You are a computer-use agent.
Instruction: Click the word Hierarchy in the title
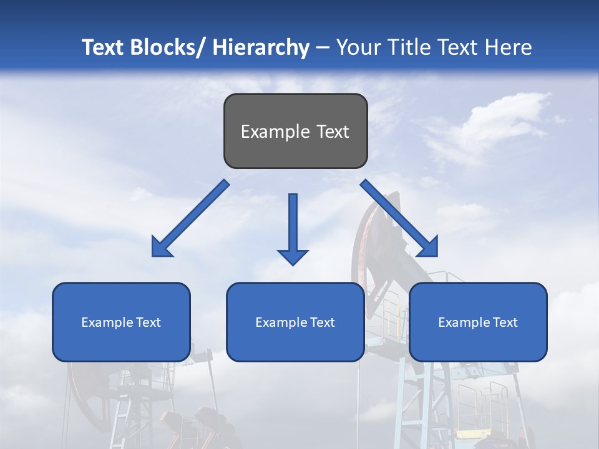coord(261,47)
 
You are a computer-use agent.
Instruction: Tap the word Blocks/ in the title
coord(167,47)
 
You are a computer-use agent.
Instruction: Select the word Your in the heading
coord(358,47)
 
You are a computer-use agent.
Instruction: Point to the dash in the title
coord(323,48)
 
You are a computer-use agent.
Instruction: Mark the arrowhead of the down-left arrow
coord(162,248)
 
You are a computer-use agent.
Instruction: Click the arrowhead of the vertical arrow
coord(293,256)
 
